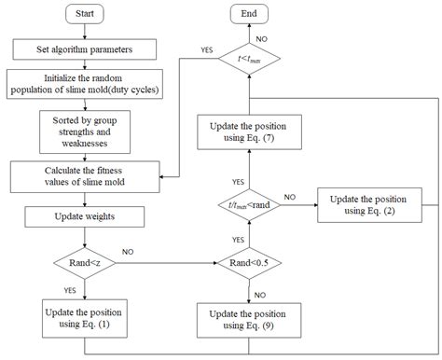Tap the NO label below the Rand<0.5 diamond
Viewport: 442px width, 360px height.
[263, 288]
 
